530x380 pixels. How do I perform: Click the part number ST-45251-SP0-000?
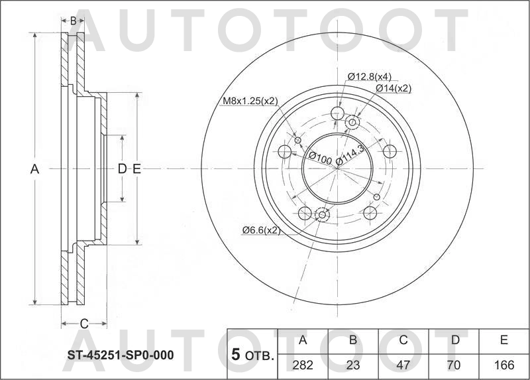click(x=120, y=355)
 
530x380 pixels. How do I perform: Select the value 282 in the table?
click(x=303, y=365)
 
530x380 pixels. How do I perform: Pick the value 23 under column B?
click(x=353, y=365)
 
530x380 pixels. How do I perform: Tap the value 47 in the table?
click(x=403, y=365)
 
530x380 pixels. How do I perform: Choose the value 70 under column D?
click(x=454, y=365)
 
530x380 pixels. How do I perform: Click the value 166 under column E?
click(x=503, y=365)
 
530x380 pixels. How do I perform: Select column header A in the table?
click(x=303, y=340)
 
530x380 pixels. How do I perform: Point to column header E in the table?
click(x=503, y=340)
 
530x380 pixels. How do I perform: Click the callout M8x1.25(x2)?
click(x=249, y=101)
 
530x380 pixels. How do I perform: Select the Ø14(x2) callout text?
click(x=393, y=88)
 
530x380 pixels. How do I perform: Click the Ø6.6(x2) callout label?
click(x=261, y=230)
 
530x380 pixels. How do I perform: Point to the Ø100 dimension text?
click(x=320, y=158)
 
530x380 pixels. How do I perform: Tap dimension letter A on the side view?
click(x=35, y=169)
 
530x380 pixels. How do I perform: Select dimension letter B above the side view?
click(x=73, y=21)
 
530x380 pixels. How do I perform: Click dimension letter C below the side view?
click(x=84, y=324)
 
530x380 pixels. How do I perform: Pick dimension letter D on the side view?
click(x=122, y=169)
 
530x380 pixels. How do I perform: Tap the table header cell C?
click(x=403, y=340)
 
